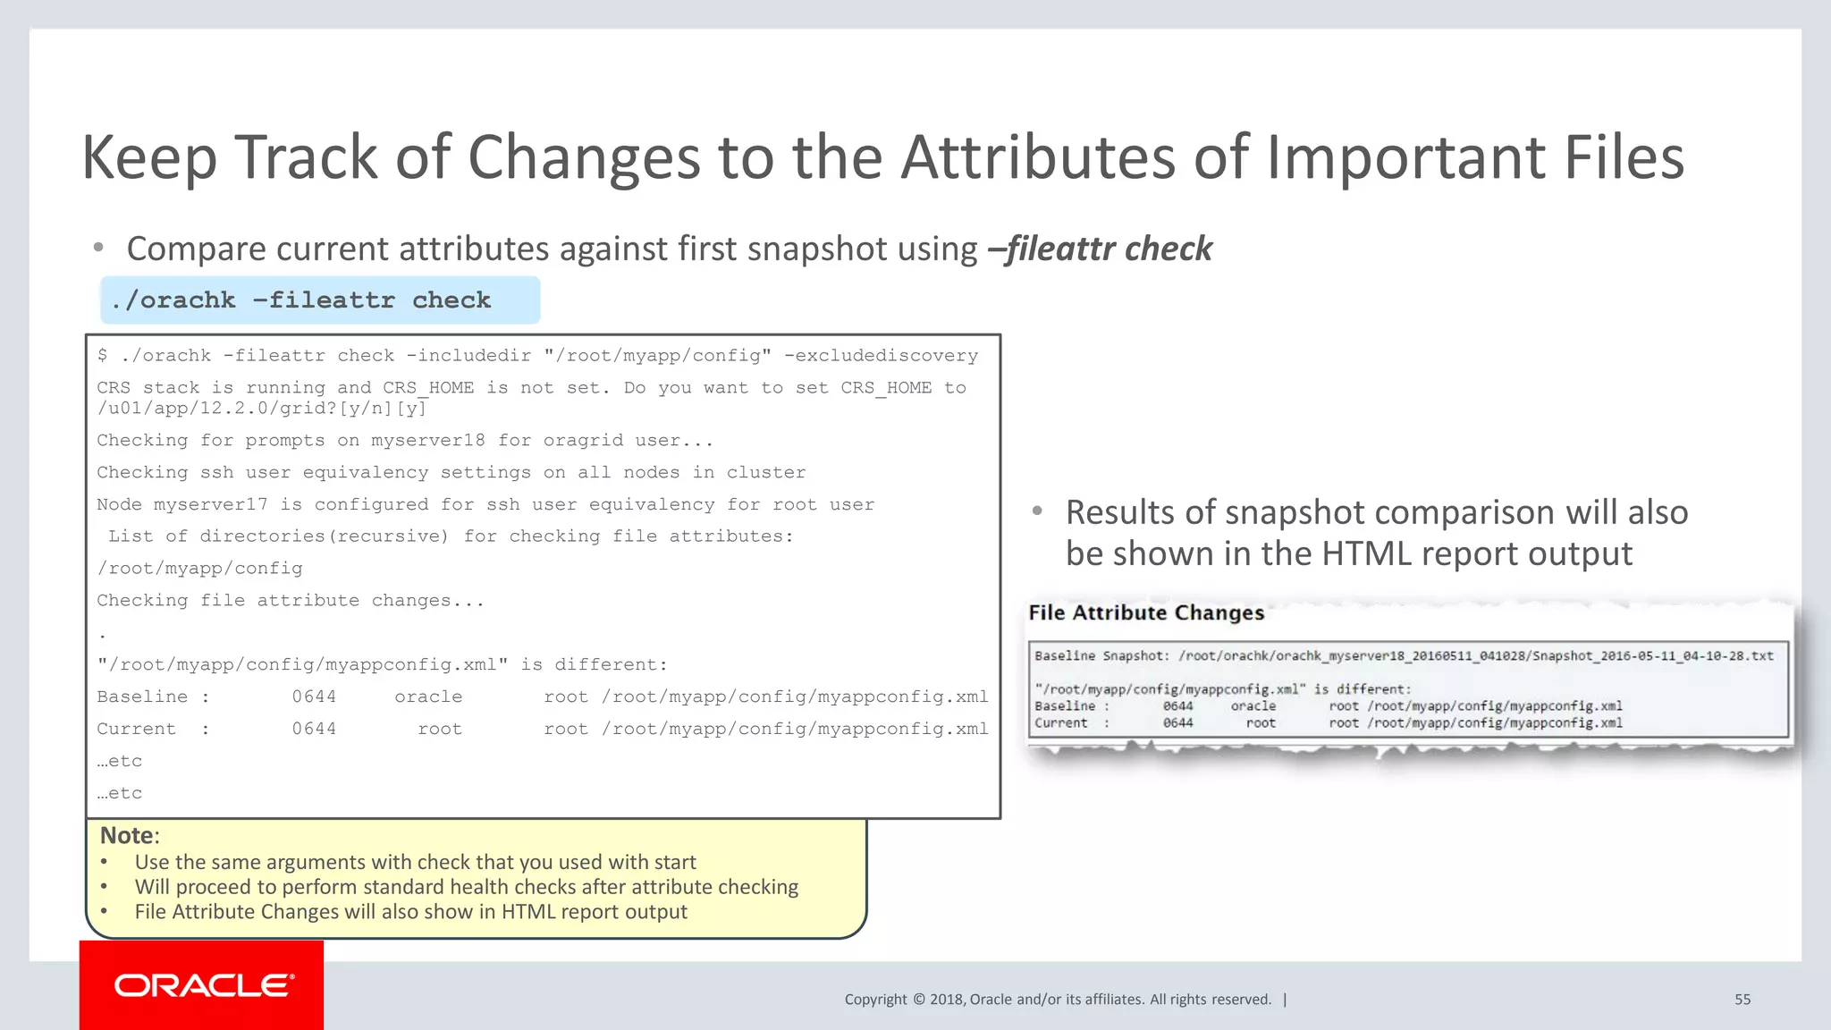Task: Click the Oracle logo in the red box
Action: (203, 985)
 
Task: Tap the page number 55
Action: (1742, 1000)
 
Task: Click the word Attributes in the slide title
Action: (1037, 157)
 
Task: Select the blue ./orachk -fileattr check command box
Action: (319, 300)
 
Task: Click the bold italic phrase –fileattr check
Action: (1100, 249)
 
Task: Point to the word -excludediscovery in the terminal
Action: (881, 356)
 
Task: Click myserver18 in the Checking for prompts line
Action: (428, 441)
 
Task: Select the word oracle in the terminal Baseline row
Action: (428, 697)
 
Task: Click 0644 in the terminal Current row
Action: (314, 729)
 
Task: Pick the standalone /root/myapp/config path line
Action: (199, 569)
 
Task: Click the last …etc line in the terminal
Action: (120, 793)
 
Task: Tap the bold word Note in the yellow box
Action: (126, 835)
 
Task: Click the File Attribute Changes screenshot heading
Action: (1145, 612)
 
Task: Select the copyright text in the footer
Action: (1057, 1000)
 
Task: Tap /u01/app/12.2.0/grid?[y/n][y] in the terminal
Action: (262, 409)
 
